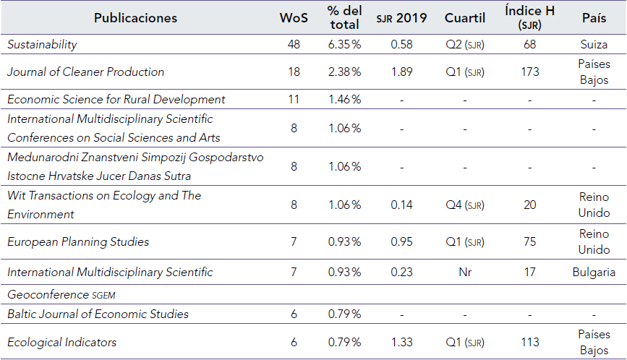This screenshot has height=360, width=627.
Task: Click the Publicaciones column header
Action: point(135,18)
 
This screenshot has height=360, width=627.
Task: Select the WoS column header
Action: point(294,18)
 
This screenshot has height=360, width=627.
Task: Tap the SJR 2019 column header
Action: point(402,18)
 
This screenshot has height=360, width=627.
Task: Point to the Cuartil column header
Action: point(464,18)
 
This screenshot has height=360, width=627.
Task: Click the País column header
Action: point(594,18)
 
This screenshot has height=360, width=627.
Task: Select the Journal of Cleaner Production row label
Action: point(85,72)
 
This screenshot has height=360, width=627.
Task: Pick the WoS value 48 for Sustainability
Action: point(294,45)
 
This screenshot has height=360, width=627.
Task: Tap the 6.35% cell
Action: point(344,45)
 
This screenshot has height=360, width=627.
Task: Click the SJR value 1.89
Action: point(402,72)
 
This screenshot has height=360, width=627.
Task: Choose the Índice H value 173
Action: point(529,72)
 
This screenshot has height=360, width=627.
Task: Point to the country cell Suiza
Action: point(594,45)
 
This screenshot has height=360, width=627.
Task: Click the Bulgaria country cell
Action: point(594,273)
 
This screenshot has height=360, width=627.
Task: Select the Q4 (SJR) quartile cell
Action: point(464,205)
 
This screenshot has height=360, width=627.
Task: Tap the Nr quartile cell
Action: point(464,273)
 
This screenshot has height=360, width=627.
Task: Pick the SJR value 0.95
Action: point(402,241)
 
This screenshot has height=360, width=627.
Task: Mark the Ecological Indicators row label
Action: point(61,342)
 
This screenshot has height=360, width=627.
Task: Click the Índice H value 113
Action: point(529,342)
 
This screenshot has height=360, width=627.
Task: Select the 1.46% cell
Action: point(344,99)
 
